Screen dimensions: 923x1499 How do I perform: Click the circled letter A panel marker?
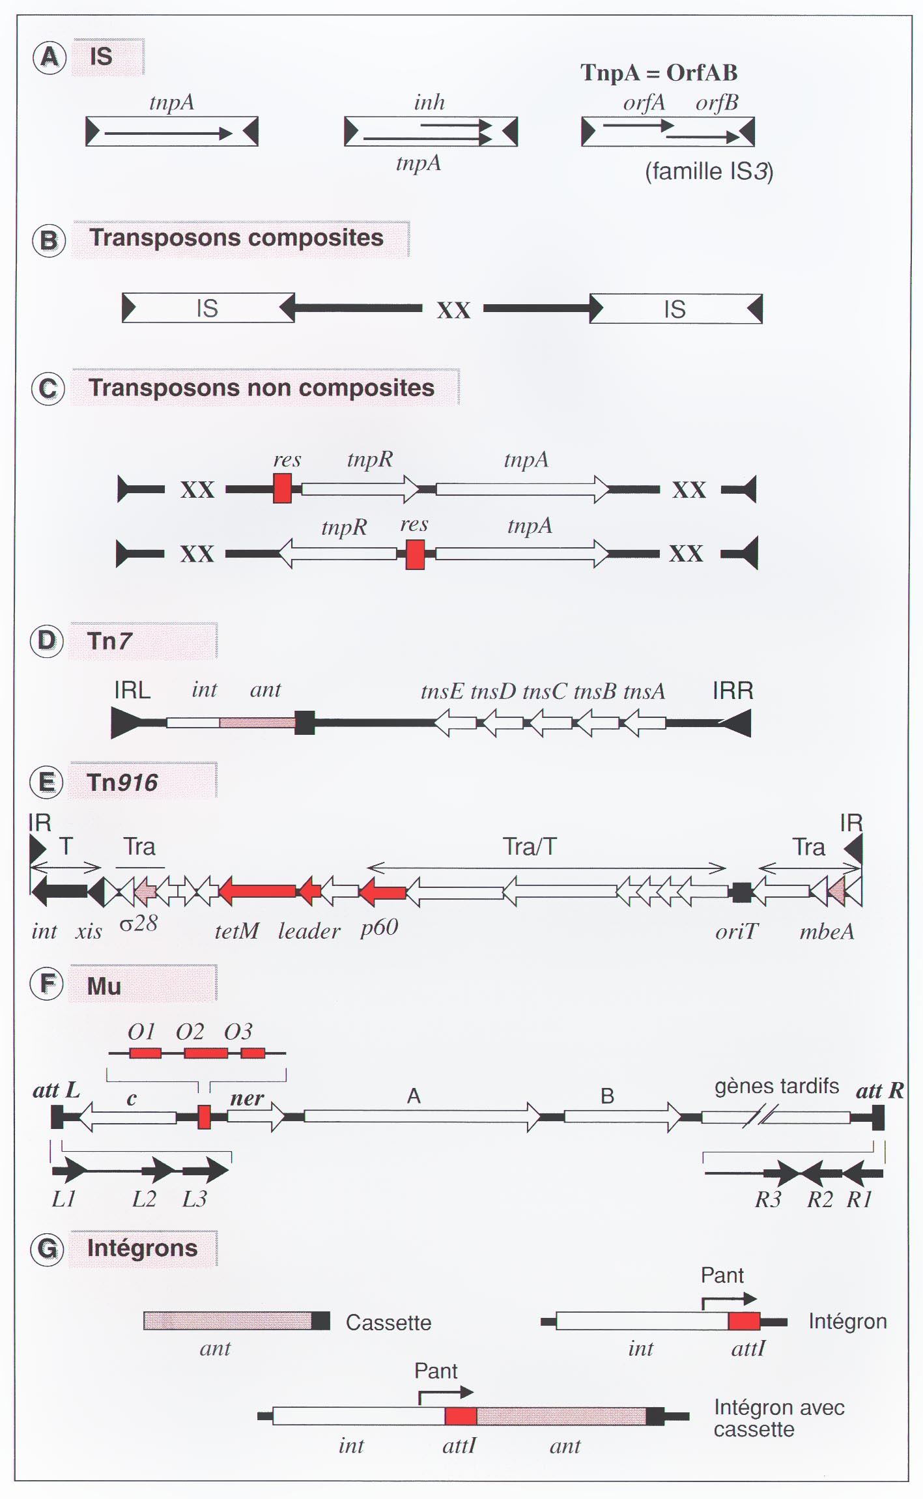[x=50, y=57]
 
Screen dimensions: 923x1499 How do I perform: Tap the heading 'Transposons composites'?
[x=236, y=238]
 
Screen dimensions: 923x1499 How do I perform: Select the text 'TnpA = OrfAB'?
[x=659, y=72]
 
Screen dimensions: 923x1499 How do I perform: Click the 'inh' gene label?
[x=429, y=102]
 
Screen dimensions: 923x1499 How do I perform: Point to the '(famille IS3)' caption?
[x=709, y=171]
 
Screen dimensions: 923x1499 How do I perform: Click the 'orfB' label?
[x=717, y=103]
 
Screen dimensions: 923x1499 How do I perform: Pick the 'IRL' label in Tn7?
[x=132, y=690]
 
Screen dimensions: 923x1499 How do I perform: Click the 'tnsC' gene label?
[x=545, y=691]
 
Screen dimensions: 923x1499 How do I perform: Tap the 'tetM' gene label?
[x=237, y=931]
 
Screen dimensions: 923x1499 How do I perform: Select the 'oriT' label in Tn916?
[x=737, y=932]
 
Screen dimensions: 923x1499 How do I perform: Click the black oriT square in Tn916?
[x=741, y=892]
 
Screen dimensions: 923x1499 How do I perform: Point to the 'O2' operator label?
[x=190, y=1031]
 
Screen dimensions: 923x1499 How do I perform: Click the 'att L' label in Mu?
[x=56, y=1090]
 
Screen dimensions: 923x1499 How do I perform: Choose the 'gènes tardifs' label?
[x=776, y=1087]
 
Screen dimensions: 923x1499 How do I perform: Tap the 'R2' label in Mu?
[x=820, y=1199]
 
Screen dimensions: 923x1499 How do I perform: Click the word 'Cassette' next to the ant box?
[x=388, y=1322]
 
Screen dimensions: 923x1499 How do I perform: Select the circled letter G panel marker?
[x=48, y=1249]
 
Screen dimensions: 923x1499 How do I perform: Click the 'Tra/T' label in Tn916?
[x=530, y=847]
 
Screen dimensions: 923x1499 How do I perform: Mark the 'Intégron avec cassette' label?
[x=779, y=1418]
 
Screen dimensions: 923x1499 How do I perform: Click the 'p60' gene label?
[x=379, y=928]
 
